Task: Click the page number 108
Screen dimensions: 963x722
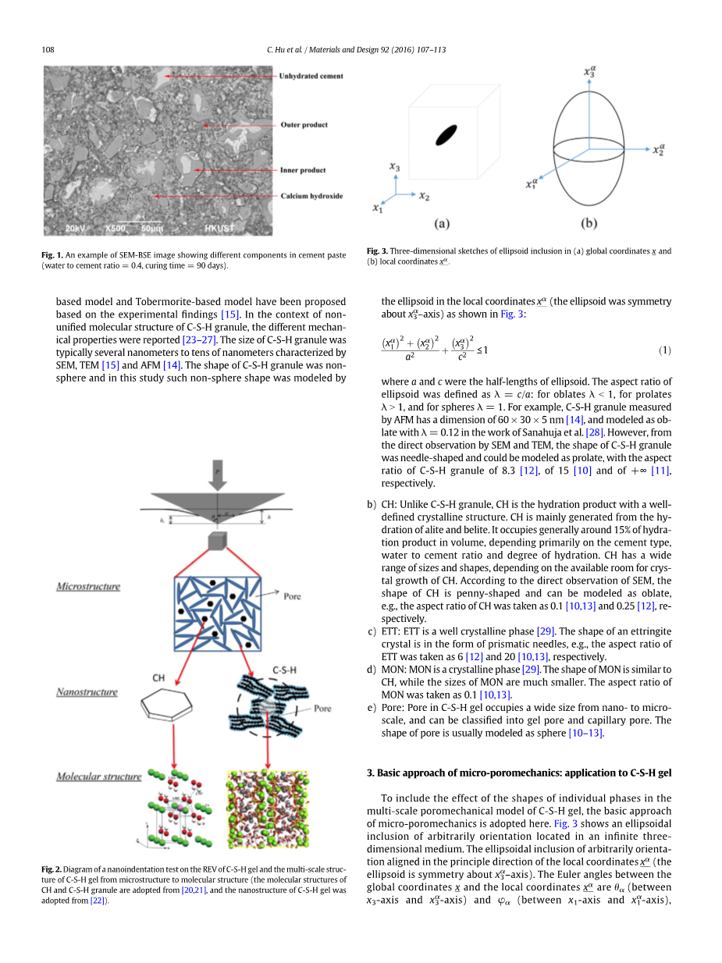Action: point(48,50)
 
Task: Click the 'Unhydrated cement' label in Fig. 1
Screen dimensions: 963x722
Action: point(311,76)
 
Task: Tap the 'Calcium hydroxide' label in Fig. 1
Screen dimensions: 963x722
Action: point(311,196)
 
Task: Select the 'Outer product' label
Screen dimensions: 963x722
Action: point(304,125)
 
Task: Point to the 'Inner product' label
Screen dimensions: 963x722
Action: point(303,170)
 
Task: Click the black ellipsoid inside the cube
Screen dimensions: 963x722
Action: point(446,134)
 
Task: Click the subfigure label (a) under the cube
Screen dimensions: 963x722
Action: point(441,223)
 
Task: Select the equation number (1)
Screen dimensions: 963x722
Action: point(664,350)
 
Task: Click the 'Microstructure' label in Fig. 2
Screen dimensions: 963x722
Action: point(88,586)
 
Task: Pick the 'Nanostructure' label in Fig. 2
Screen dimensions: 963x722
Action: point(87,692)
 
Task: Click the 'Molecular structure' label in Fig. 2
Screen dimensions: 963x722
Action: point(98,776)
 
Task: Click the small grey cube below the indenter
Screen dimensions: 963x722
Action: point(216,542)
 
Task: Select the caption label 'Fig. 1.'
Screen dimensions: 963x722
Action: point(52,255)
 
